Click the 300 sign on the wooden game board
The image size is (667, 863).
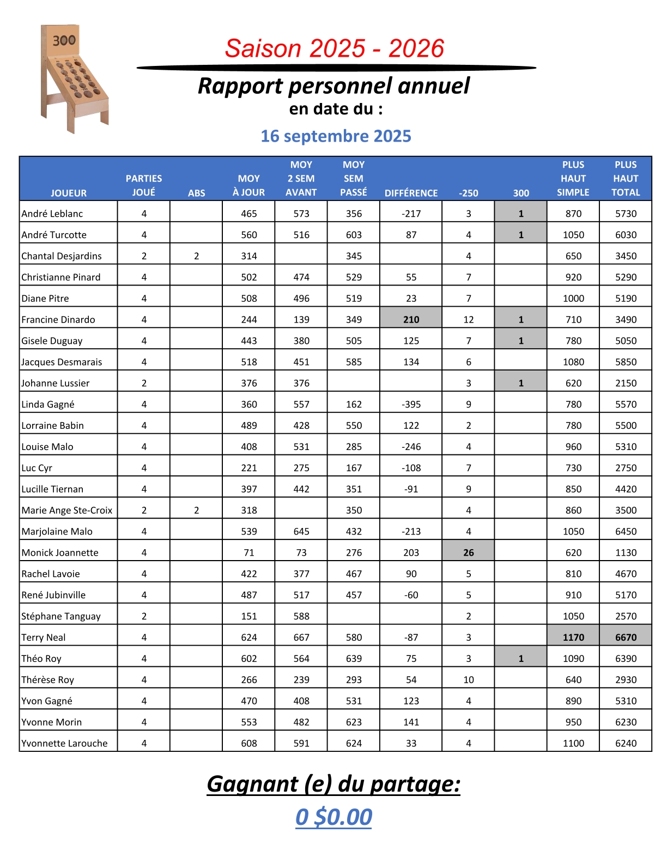pyautogui.click(x=64, y=40)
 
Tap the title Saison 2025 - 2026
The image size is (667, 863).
pyautogui.click(x=334, y=48)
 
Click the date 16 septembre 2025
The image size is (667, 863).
pyautogui.click(x=336, y=136)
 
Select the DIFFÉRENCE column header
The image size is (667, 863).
pyautogui.click(x=411, y=193)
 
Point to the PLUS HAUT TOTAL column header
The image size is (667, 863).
pyautogui.click(x=626, y=179)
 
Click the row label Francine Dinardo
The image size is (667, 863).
pyautogui.click(x=58, y=320)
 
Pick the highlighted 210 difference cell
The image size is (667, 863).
pyautogui.click(x=411, y=320)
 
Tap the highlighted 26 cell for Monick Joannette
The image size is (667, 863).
pyautogui.click(x=468, y=552)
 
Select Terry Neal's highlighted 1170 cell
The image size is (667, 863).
pyautogui.click(x=573, y=637)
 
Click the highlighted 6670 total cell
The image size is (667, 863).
pyautogui.click(x=626, y=637)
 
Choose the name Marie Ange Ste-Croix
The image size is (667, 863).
pyautogui.click(x=67, y=510)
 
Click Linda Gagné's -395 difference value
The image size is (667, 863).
pyautogui.click(x=411, y=404)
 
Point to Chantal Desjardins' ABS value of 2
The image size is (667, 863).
pyautogui.click(x=196, y=256)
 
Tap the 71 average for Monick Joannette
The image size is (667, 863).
pyautogui.click(x=248, y=552)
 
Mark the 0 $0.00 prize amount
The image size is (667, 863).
pyautogui.click(x=333, y=817)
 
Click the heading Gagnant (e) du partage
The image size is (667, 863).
pyautogui.click(x=333, y=784)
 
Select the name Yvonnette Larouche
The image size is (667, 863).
pyautogui.click(x=64, y=744)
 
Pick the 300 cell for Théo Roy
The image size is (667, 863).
pyautogui.click(x=520, y=659)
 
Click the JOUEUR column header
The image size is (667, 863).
pyautogui.click(x=69, y=193)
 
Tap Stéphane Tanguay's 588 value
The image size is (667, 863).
pyautogui.click(x=301, y=616)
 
